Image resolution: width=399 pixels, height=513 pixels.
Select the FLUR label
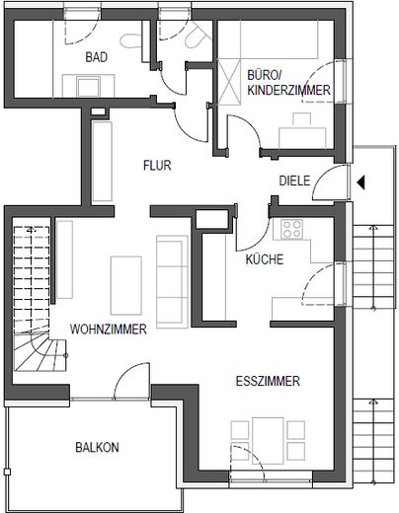tap(156, 165)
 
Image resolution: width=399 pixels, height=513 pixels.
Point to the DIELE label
tap(294, 181)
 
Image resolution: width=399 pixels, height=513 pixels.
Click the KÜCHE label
tap(265, 260)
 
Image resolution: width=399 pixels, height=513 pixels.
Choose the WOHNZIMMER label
tap(109, 330)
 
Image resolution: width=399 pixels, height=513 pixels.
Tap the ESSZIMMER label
tap(268, 381)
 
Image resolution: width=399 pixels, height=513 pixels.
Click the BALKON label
tap(97, 447)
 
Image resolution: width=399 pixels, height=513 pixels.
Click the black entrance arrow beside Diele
tap(362, 181)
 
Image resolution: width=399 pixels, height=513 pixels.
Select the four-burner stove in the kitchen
tap(292, 230)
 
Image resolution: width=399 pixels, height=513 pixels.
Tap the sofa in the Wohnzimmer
tap(172, 281)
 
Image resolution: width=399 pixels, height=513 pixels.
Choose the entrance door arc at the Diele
tap(336, 185)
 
